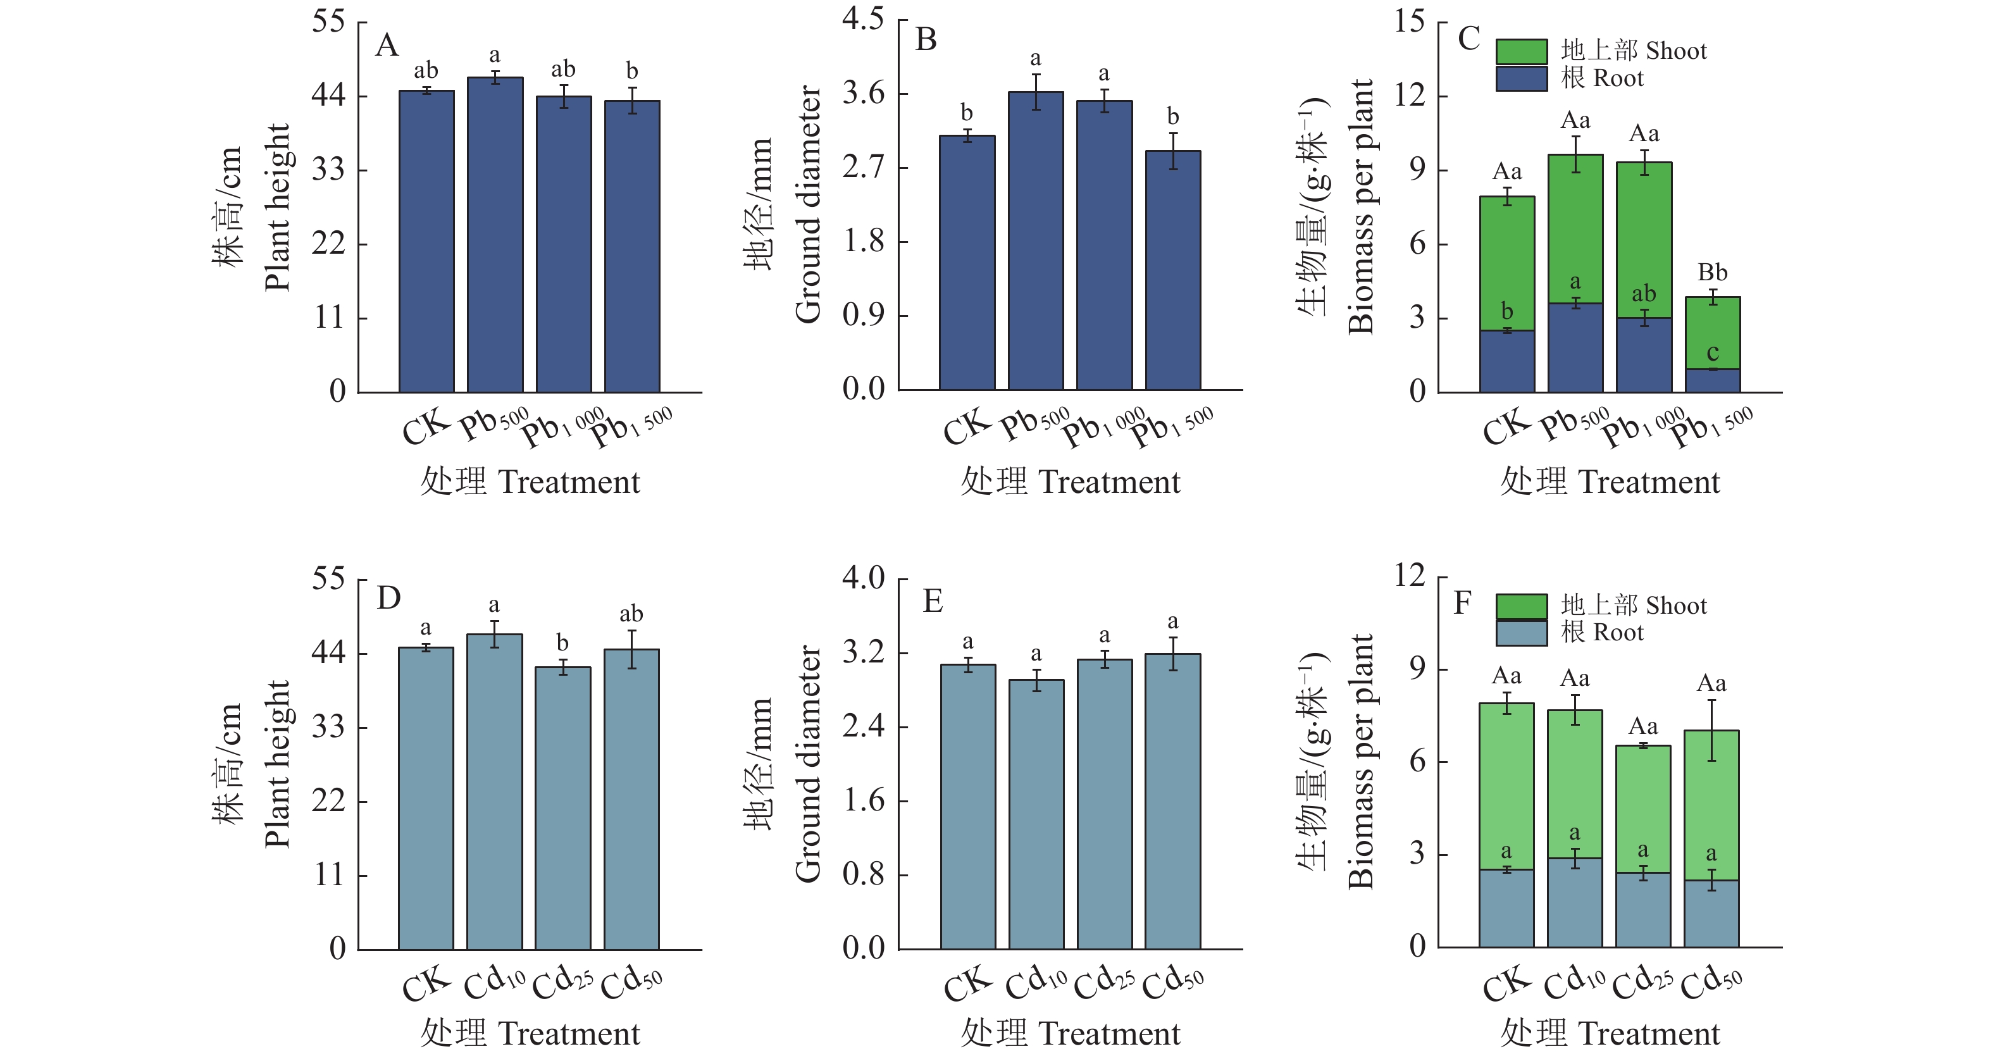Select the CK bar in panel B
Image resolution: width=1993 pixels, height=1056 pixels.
967,263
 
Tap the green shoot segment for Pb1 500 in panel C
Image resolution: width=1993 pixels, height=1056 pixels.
1712,333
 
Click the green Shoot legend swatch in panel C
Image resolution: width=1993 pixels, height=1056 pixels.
1521,52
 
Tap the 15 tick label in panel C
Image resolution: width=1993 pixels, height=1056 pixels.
1409,21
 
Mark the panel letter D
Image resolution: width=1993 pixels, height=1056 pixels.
388,598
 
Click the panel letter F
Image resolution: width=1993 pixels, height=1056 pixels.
1462,602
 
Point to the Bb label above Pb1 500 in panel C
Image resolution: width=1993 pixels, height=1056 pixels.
1712,273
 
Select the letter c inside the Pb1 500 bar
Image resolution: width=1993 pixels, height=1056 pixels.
1712,353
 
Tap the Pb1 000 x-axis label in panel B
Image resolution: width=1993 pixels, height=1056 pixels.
1103,428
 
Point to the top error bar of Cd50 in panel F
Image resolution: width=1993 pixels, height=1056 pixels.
1711,701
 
